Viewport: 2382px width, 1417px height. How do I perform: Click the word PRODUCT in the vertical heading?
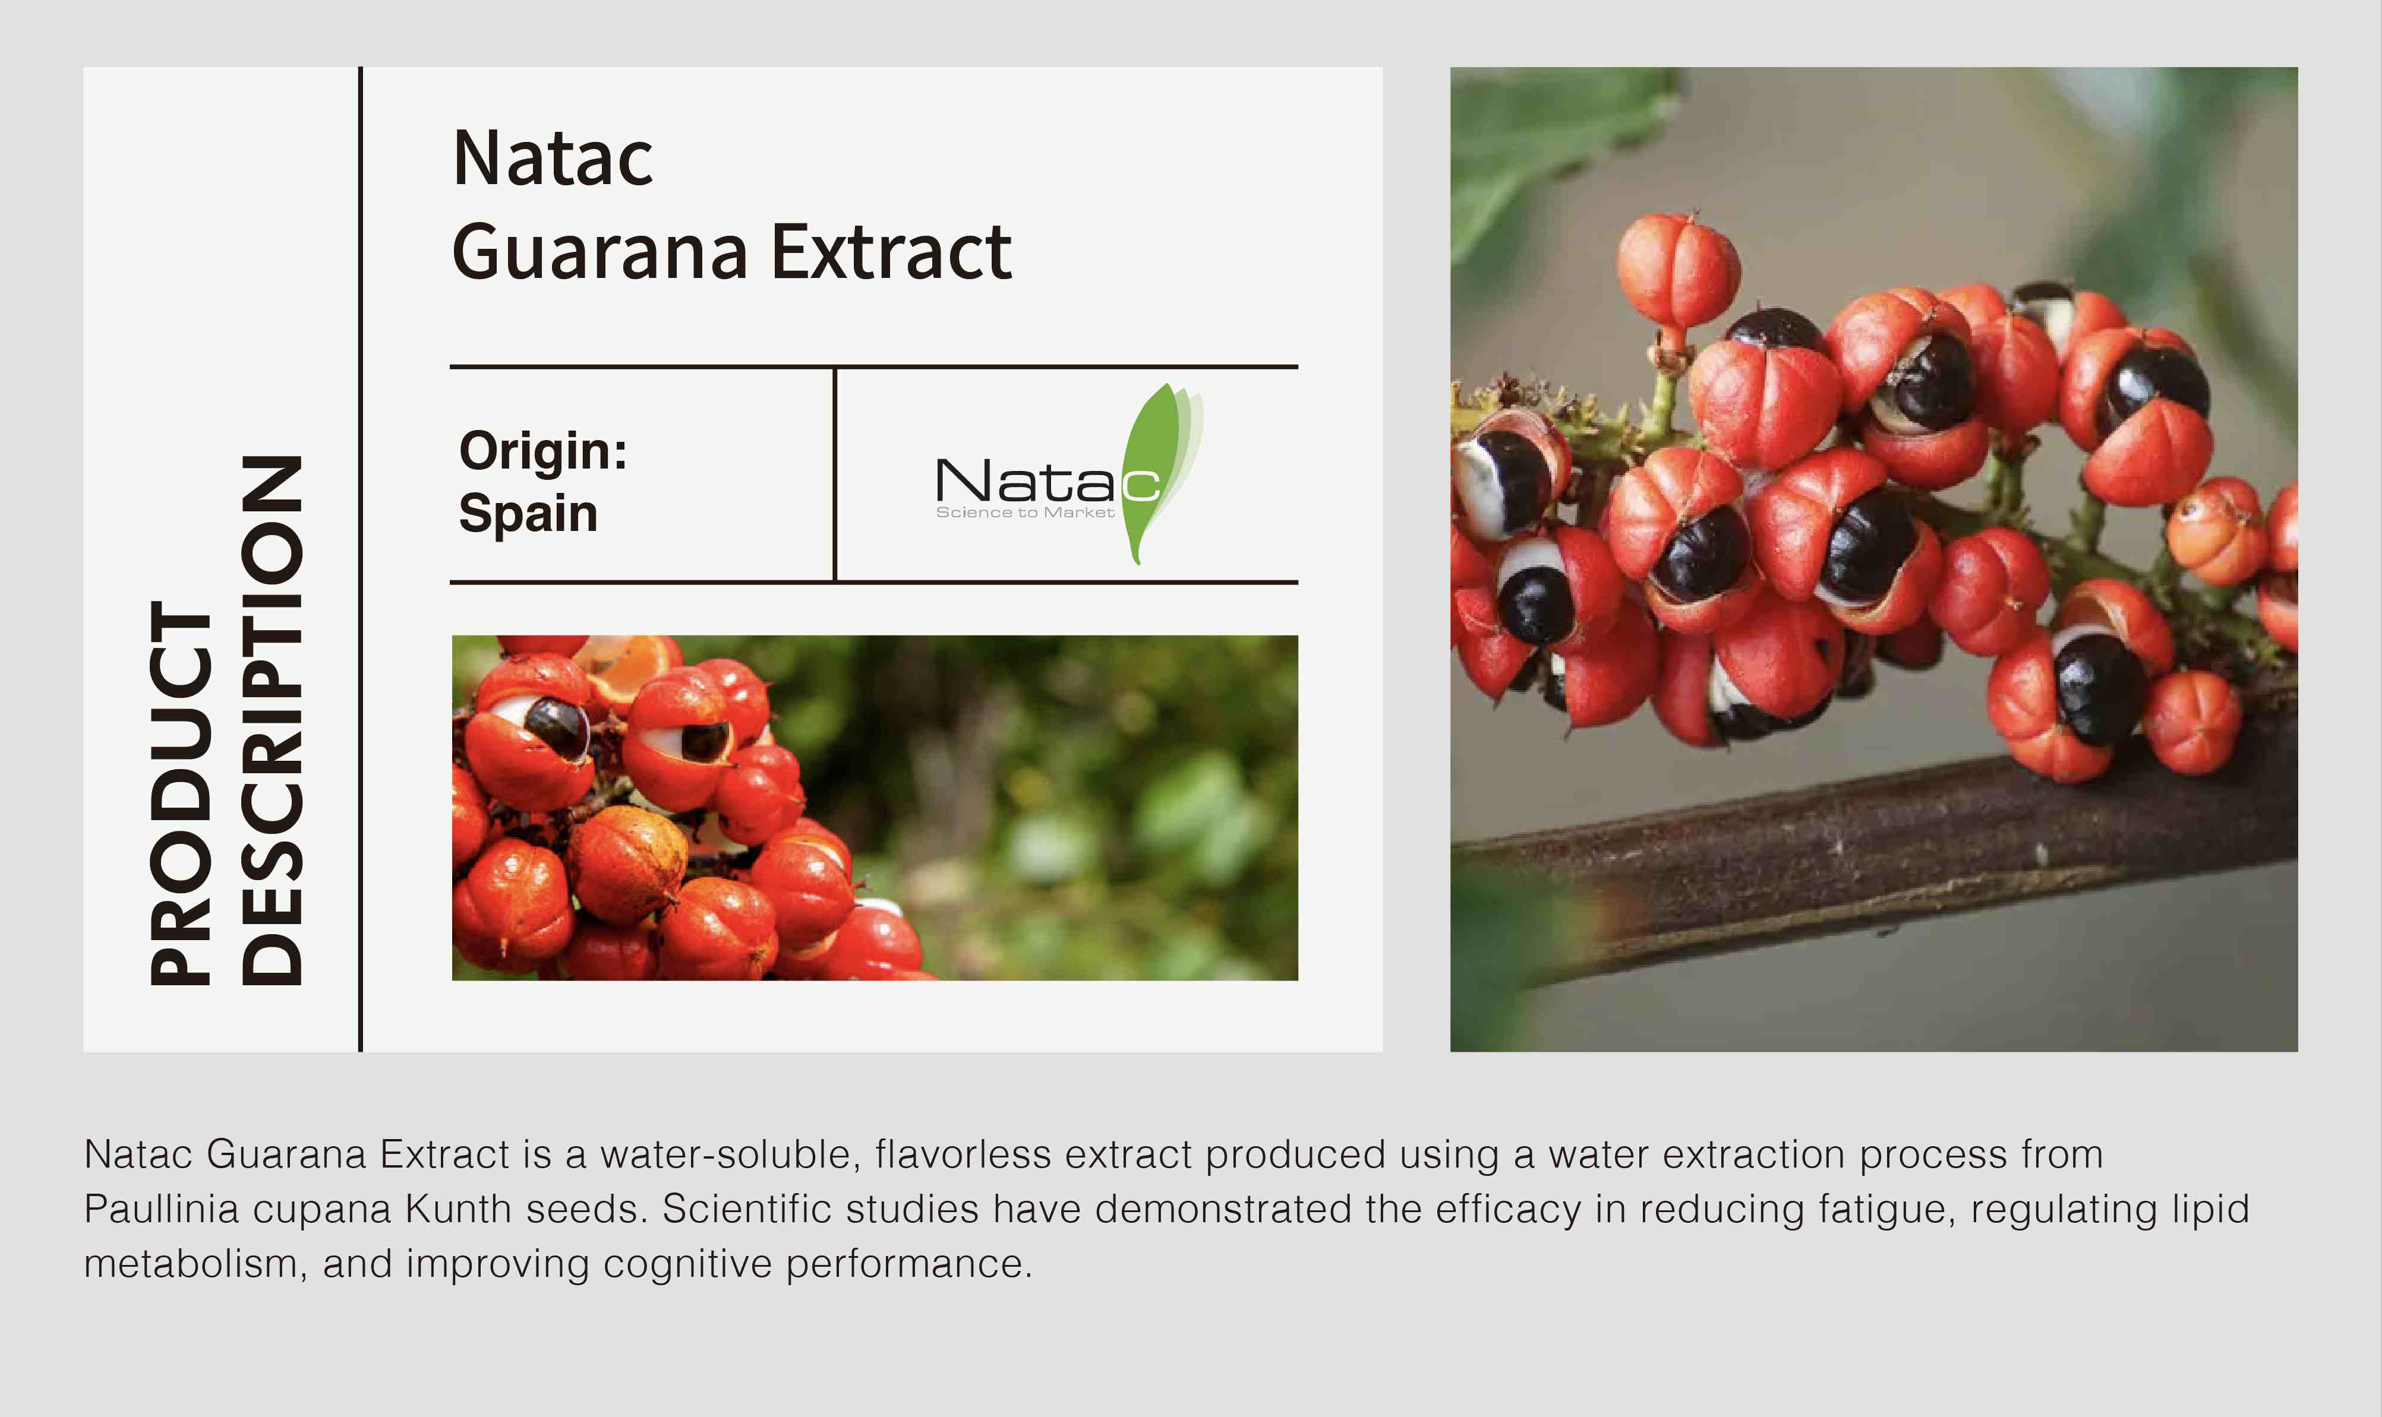click(x=179, y=792)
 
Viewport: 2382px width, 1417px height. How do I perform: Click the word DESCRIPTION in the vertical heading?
click(x=272, y=720)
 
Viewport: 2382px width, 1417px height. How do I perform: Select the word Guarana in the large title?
click(x=600, y=252)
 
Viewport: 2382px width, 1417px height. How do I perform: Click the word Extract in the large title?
click(x=891, y=252)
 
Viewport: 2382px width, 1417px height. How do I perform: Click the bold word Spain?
click(x=528, y=514)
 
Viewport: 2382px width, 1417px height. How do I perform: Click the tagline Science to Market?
click(x=1025, y=513)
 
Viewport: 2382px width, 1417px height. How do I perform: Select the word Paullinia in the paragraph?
click(x=162, y=1209)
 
